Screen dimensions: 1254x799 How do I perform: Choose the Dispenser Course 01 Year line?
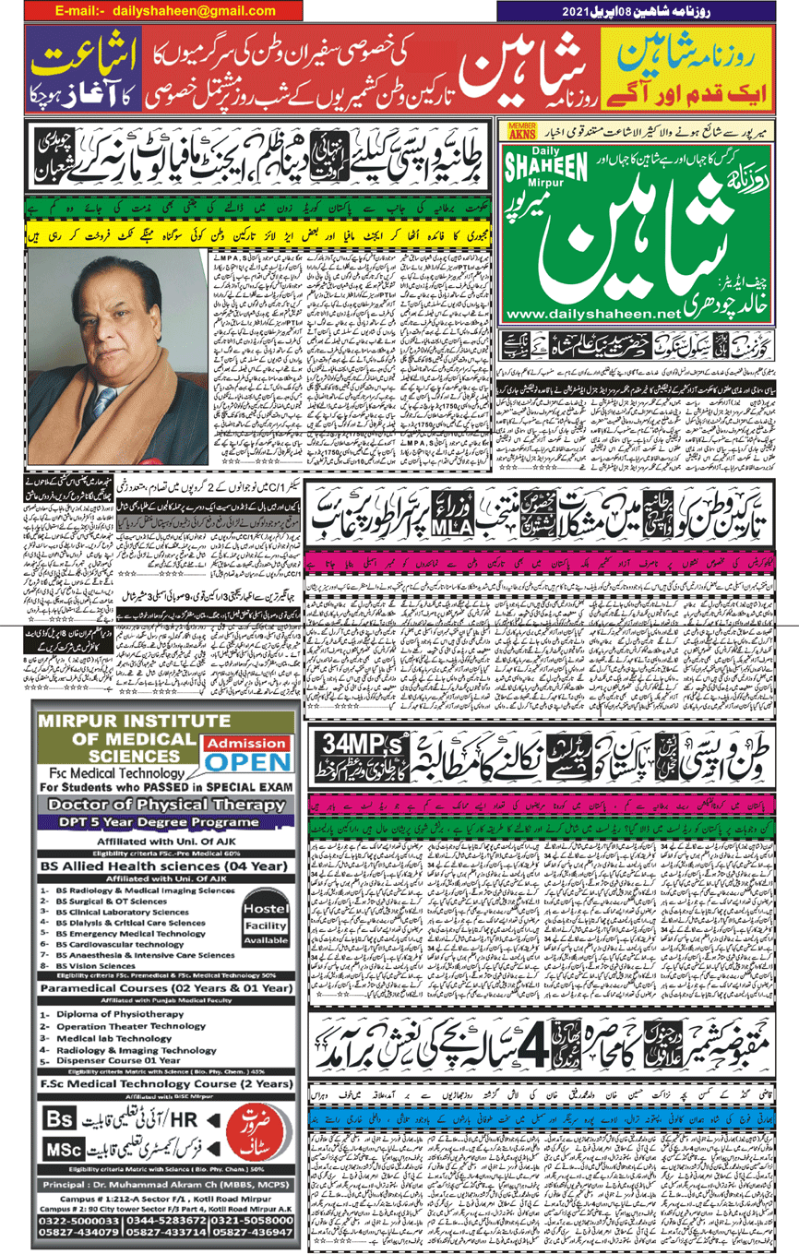pos(120,1060)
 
